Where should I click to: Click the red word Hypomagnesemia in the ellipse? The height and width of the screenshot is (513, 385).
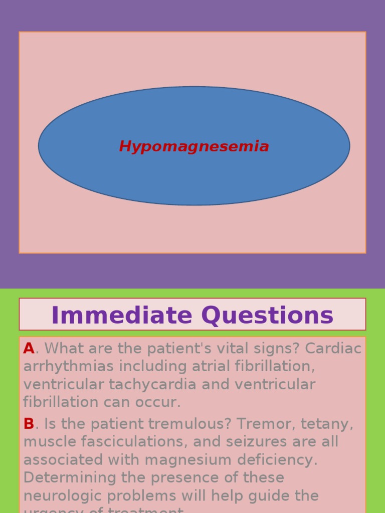194,147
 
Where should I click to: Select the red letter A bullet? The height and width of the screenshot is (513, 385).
29,349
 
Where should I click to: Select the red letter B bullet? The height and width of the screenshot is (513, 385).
29,424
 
